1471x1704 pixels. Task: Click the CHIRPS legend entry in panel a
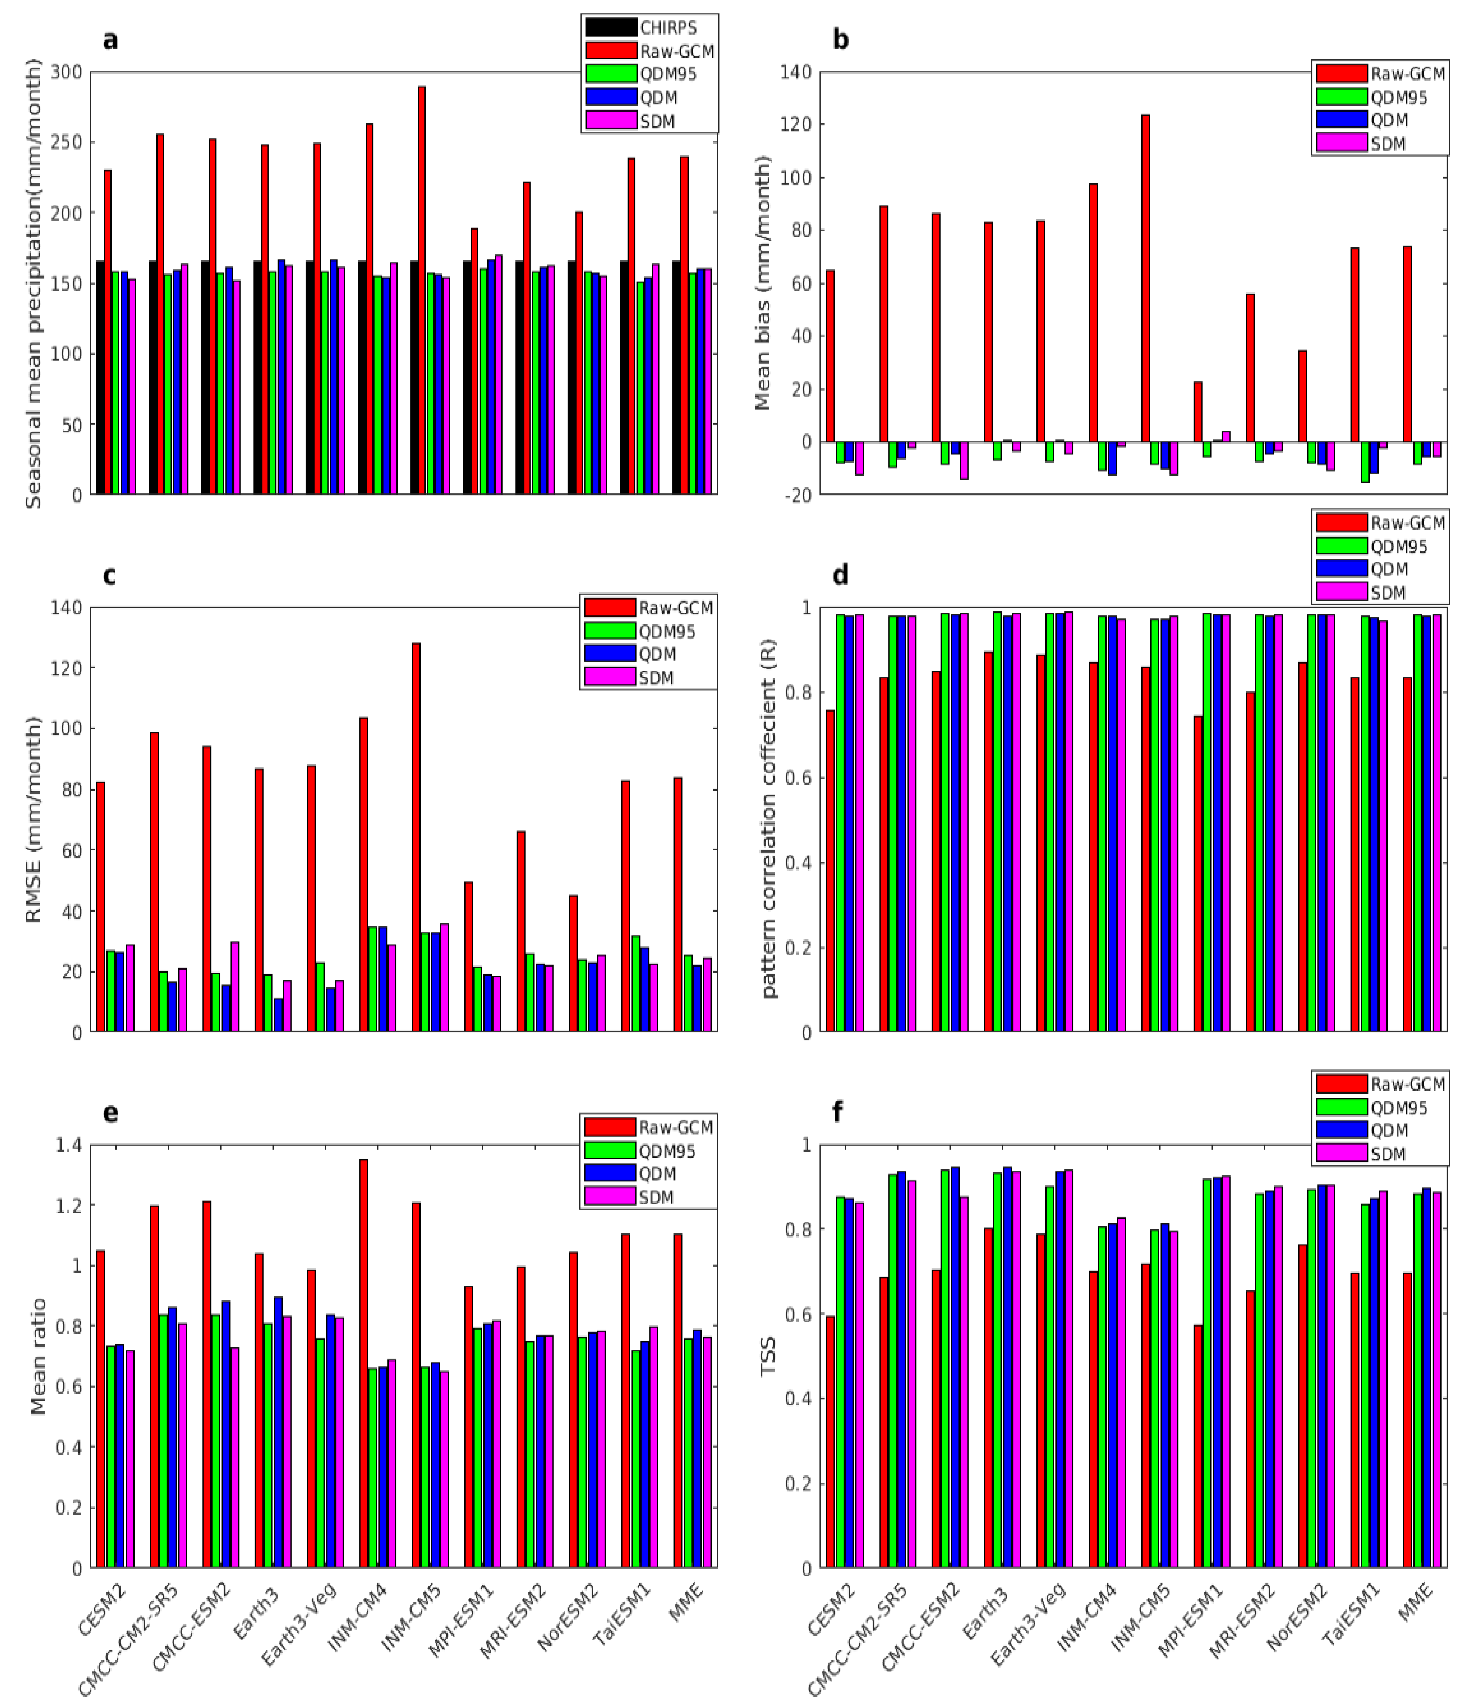click(650, 27)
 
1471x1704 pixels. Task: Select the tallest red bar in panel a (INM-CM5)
click(422, 288)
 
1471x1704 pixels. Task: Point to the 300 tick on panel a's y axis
click(66, 72)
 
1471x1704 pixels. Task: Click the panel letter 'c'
click(109, 576)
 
